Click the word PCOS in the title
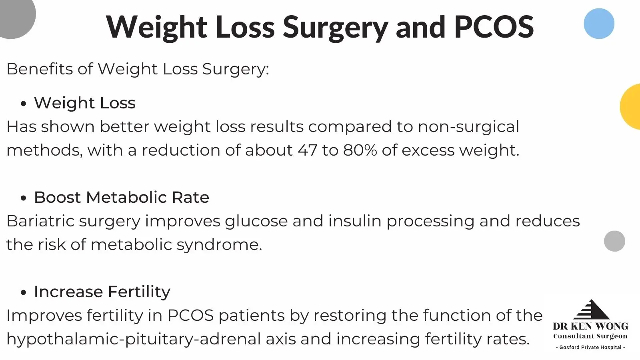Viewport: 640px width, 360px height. (x=494, y=26)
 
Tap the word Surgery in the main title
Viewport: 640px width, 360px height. (x=336, y=28)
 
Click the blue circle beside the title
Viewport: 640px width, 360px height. (x=599, y=24)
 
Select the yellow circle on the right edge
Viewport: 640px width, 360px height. (x=630, y=106)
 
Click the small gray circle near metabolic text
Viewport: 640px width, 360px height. (x=614, y=241)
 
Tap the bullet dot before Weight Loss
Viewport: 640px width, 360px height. (x=24, y=104)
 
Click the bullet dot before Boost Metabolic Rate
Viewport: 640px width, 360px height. (x=24, y=198)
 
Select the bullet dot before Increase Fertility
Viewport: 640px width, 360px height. (x=24, y=292)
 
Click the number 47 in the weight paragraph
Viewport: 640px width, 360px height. (x=308, y=150)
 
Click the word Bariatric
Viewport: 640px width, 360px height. (x=40, y=221)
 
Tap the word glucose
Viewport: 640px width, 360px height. (x=256, y=222)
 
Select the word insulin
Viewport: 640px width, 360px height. (x=354, y=221)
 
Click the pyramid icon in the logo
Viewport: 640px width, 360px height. (x=591, y=310)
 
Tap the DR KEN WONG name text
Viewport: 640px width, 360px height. (x=590, y=326)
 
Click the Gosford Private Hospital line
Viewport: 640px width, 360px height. (x=590, y=348)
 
